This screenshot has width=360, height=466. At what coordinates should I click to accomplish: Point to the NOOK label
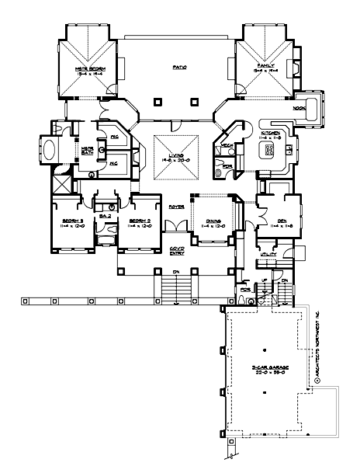[297, 109]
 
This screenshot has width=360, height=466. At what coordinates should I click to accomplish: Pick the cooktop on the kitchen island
[269, 151]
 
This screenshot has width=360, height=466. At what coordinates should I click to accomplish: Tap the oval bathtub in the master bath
[44, 150]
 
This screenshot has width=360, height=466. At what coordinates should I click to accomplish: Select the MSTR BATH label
[88, 150]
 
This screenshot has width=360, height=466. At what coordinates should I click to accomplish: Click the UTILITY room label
[270, 253]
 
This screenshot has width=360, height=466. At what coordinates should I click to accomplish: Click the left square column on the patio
[157, 102]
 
